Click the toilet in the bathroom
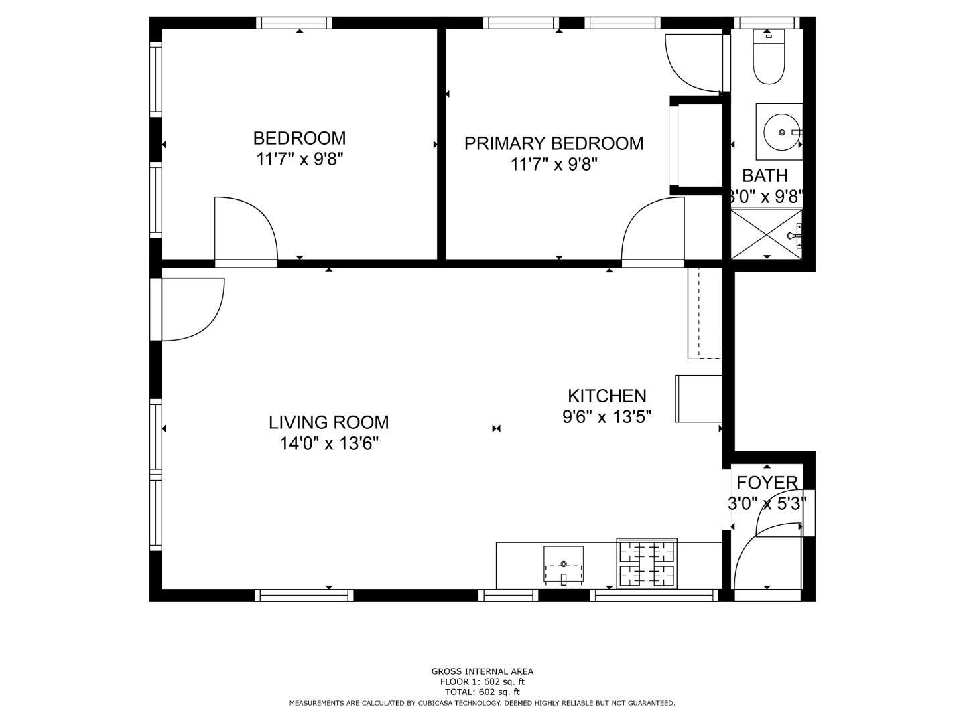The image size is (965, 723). [x=768, y=59]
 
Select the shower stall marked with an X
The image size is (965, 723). [x=766, y=234]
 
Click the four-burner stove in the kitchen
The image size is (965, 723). [x=647, y=564]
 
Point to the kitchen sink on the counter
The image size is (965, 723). [x=563, y=565]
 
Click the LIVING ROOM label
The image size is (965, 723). [x=328, y=422]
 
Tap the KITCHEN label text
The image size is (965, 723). [x=606, y=396]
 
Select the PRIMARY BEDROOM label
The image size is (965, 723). [x=554, y=143]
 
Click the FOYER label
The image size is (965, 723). [x=767, y=483]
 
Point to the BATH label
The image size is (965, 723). [x=765, y=176]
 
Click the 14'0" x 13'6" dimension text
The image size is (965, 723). [x=329, y=443]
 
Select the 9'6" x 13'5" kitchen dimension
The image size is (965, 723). [x=606, y=416]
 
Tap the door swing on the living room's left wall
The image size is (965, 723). [x=191, y=308]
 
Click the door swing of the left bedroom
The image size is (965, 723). [x=244, y=229]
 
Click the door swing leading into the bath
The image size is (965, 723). [x=694, y=62]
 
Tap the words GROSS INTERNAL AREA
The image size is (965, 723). [x=482, y=671]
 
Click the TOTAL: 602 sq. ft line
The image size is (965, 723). [x=482, y=692]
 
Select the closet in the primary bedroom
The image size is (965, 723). [x=697, y=145]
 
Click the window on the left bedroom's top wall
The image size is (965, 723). [x=294, y=23]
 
